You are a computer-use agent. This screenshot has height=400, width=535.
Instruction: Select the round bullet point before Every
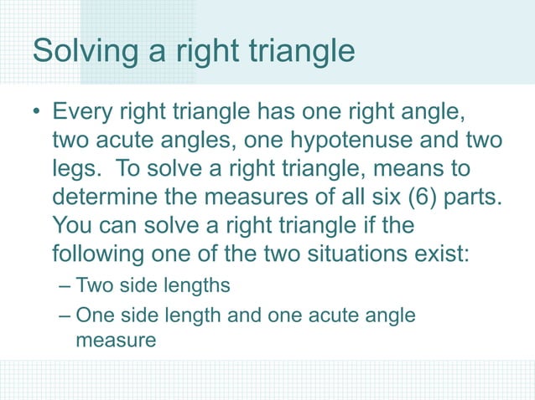(35, 112)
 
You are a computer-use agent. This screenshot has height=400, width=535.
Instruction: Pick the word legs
(74, 169)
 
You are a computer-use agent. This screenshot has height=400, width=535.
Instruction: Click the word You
(71, 226)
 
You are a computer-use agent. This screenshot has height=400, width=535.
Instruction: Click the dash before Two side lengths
(66, 286)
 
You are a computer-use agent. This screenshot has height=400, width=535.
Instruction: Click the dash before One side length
(66, 315)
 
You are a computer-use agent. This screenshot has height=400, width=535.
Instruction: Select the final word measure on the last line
(116, 341)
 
